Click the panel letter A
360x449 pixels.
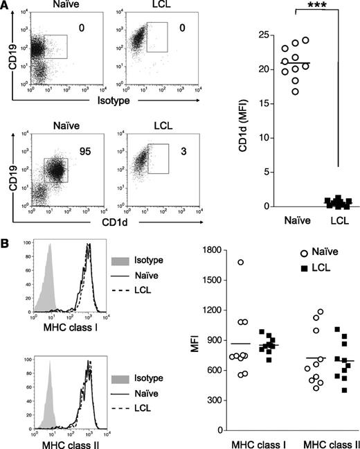tap(6, 6)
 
